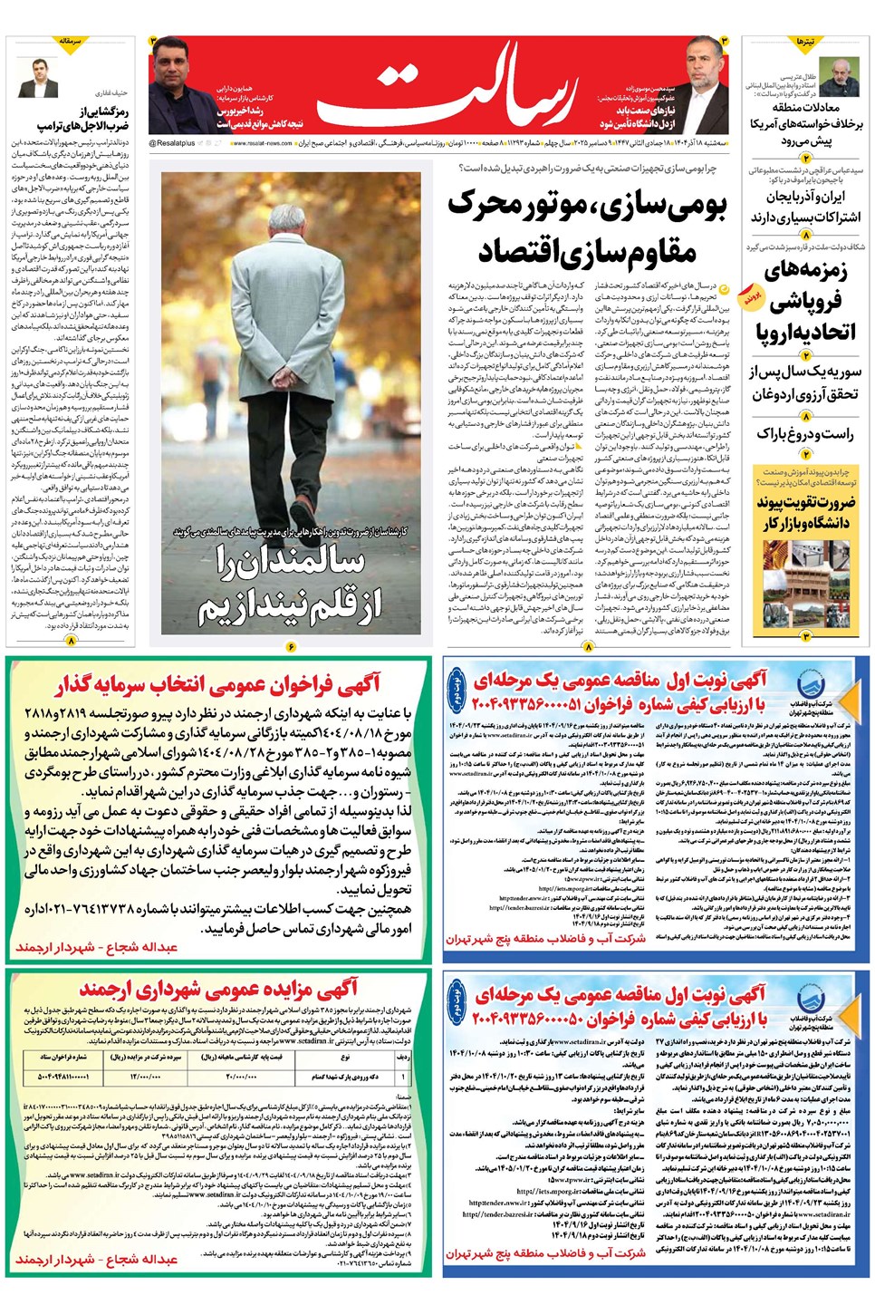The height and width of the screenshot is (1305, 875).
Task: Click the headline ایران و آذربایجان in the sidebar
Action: tap(806, 196)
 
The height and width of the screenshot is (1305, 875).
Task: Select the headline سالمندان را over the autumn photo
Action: tap(290, 562)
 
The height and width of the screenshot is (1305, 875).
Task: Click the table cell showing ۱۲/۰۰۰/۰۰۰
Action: tap(145, 1077)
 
